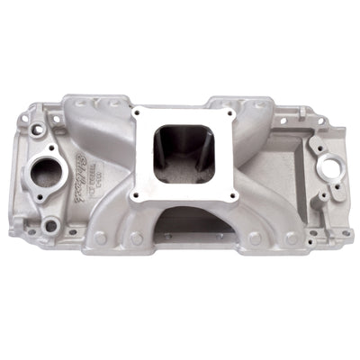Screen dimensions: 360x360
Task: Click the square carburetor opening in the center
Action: coord(184,154)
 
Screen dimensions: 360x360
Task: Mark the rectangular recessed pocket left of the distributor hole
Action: coord(286,153)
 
